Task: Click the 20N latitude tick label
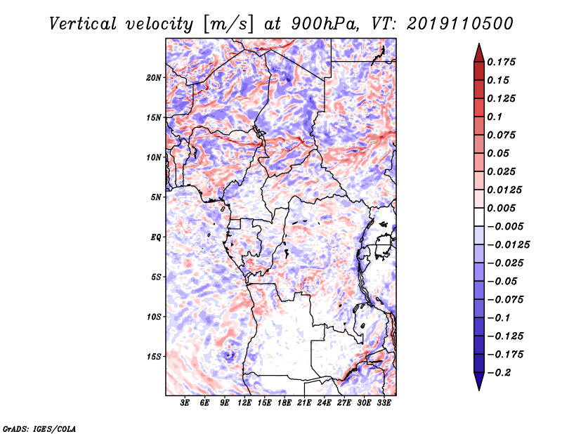pyautogui.click(x=154, y=78)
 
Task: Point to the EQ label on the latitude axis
pyautogui.click(x=155, y=237)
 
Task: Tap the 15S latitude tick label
pyautogui.click(x=154, y=357)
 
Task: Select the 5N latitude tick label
pyautogui.click(x=156, y=197)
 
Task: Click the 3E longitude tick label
pyautogui.click(x=185, y=403)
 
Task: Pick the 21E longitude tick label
pyautogui.click(x=304, y=403)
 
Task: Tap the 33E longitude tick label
pyautogui.click(x=384, y=403)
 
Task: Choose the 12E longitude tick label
pyautogui.click(x=244, y=403)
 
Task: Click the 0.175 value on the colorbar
pyautogui.click(x=501, y=62)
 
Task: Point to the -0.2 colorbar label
pyautogui.click(x=499, y=373)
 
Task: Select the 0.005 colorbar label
pyautogui.click(x=501, y=208)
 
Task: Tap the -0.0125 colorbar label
pyautogui.click(x=508, y=245)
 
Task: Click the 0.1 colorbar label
pyautogui.click(x=495, y=117)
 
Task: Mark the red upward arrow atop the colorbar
pyautogui.click(x=479, y=53)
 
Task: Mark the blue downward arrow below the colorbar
pyautogui.click(x=479, y=381)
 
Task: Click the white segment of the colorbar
pyautogui.click(x=479, y=217)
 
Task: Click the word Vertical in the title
pyautogui.click(x=83, y=24)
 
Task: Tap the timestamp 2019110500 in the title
pyautogui.click(x=460, y=24)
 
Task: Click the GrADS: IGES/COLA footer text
pyautogui.click(x=39, y=429)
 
